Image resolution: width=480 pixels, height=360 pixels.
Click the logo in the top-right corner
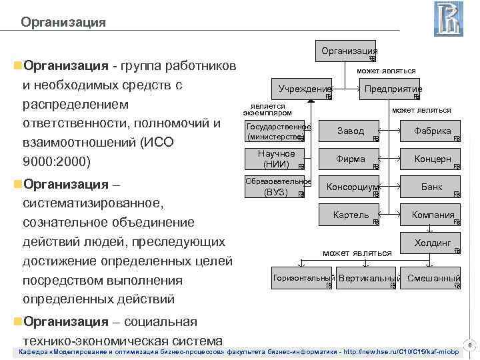[x=448, y=19]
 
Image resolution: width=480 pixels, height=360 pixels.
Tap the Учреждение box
[x=303, y=89]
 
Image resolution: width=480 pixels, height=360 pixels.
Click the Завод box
[x=351, y=131]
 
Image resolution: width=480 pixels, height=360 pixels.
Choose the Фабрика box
[x=432, y=131]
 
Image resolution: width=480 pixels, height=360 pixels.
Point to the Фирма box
[x=351, y=160]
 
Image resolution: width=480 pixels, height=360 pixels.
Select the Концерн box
[x=432, y=160]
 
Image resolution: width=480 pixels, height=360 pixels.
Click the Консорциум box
[x=351, y=188]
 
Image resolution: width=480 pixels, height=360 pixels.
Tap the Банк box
[x=432, y=188]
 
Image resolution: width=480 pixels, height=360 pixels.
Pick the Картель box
[x=351, y=215]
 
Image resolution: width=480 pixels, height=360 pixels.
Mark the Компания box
[x=432, y=215]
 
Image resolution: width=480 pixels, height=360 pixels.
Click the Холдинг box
[x=432, y=243]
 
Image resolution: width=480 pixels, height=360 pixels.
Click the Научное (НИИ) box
[x=276, y=159]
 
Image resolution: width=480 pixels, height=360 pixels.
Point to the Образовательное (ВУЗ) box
[x=276, y=187]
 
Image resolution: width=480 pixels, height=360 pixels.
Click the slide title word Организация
[x=63, y=23]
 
